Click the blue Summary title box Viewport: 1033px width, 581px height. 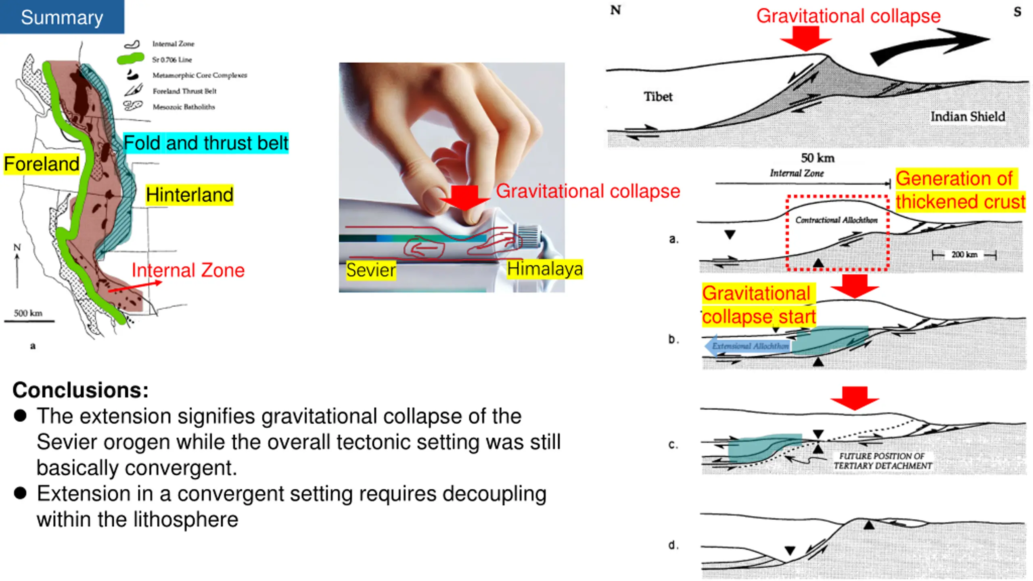(62, 17)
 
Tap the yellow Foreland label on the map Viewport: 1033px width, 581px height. (42, 164)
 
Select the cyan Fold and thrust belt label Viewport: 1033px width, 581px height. (206, 143)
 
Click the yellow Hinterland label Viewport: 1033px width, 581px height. (190, 195)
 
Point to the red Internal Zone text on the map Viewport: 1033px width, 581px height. (188, 270)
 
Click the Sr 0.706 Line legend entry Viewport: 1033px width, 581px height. (172, 60)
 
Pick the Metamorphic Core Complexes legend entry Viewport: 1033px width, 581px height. (199, 75)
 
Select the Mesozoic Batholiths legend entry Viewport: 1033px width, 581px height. (184, 107)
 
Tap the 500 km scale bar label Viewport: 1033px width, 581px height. (28, 313)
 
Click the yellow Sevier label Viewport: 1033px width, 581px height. (371, 270)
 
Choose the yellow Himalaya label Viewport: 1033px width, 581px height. (545, 269)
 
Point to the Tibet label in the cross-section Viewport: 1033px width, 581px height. (658, 97)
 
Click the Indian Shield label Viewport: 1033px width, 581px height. (968, 117)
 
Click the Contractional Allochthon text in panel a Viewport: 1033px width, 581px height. (836, 220)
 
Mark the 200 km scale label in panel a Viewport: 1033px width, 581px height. (964, 255)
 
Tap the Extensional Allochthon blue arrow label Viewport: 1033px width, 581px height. (749, 346)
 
